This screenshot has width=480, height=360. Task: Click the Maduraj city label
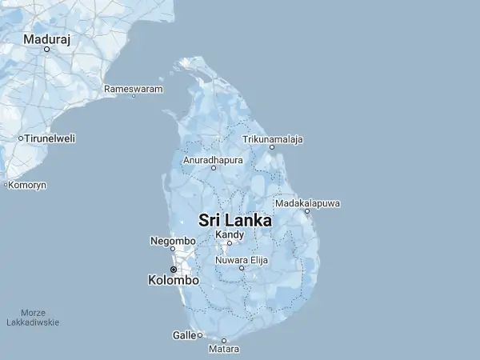[x=46, y=38]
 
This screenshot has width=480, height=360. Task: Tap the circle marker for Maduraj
[x=46, y=50]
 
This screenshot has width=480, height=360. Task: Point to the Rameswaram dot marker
[x=134, y=96]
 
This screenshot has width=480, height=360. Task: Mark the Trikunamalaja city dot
[x=272, y=147]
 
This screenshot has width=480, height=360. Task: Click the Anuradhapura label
[x=213, y=160]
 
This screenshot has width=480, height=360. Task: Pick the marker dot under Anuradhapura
[x=214, y=168]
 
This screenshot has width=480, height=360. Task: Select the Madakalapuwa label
[x=307, y=203]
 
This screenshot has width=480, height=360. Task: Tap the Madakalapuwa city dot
[x=307, y=211]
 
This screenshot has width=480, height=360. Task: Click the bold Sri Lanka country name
[x=234, y=220]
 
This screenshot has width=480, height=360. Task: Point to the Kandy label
[x=229, y=234]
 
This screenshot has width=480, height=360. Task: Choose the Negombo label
[x=173, y=241]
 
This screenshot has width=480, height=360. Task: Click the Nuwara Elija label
[x=241, y=260]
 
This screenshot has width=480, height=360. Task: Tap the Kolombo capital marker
[x=173, y=270]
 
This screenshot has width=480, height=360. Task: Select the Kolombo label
[x=174, y=281]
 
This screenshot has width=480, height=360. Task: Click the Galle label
[x=184, y=335]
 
